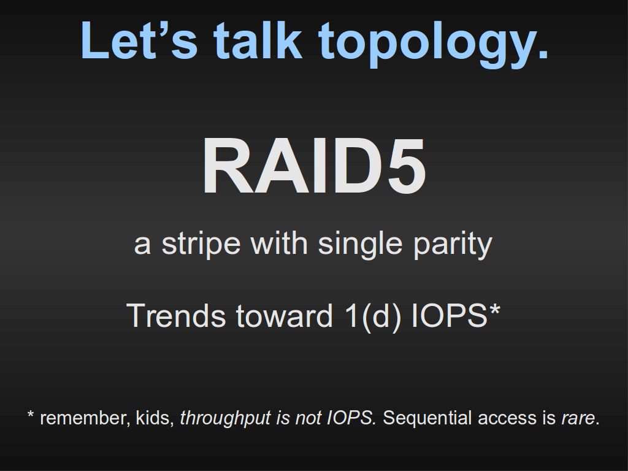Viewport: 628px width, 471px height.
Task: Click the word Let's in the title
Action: pos(139,40)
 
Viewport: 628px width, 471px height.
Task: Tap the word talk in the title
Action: pos(258,40)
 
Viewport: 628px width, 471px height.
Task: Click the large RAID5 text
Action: pos(314,166)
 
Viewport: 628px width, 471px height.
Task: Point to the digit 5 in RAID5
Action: pos(406,166)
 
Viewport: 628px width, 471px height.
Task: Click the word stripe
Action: pos(201,244)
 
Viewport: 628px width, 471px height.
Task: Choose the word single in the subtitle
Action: pos(360,244)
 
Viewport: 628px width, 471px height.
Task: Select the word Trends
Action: pos(176,316)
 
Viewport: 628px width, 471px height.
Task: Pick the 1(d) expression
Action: pos(372,316)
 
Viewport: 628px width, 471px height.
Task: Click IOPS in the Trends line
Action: pos(450,316)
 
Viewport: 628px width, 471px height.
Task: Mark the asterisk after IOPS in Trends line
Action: pos(494,309)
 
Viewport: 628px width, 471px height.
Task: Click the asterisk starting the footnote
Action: pos(31,414)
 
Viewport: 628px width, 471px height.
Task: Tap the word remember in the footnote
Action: pos(85,418)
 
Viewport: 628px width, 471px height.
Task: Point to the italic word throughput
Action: pos(225,419)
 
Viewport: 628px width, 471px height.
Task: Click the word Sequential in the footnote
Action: pos(427,419)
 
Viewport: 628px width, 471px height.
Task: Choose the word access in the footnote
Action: pos(508,419)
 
